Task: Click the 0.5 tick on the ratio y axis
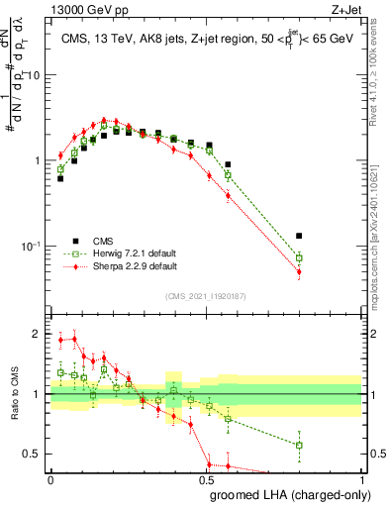coord(36,455)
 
